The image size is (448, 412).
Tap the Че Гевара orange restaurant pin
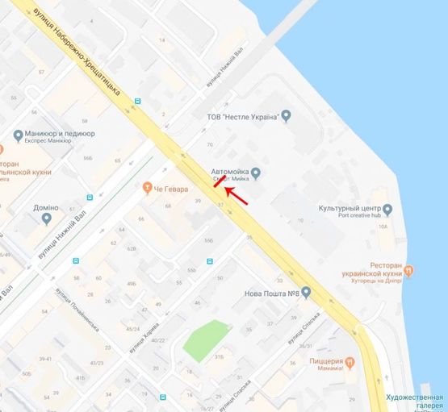pyautogui.click(x=147, y=189)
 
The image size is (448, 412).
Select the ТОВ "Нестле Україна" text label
pyautogui.click(x=248, y=117)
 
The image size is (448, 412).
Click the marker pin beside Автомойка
pyautogui.click(x=256, y=172)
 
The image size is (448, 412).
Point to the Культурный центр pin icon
pyautogui.click(x=387, y=210)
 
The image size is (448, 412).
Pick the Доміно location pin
pyautogui.click(x=47, y=218)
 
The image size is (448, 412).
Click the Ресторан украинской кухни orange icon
pyautogui.click(x=408, y=270)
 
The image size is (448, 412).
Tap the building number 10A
pyautogui.click(x=382, y=227)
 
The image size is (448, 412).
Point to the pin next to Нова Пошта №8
pyautogui.click(x=307, y=293)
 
